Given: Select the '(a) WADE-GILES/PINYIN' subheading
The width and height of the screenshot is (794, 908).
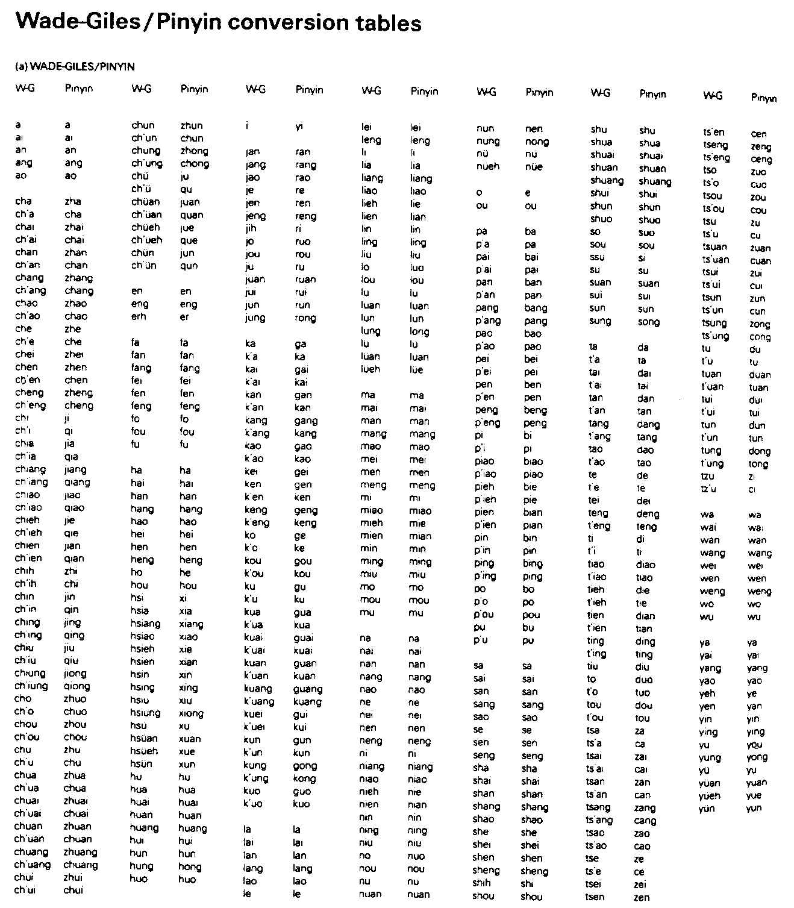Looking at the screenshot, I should [75, 66].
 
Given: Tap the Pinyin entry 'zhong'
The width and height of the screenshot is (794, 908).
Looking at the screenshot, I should [194, 151].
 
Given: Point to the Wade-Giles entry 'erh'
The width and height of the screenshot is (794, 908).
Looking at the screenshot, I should [139, 316].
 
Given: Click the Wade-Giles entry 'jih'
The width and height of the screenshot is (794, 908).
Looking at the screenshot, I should [251, 228].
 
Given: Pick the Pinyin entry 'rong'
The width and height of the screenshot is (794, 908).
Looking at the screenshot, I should [306, 318].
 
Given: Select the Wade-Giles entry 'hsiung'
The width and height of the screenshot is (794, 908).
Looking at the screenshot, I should [145, 713].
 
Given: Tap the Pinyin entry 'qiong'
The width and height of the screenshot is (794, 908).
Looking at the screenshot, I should [77, 686].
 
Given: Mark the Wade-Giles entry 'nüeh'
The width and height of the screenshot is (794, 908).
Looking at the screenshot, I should [488, 167].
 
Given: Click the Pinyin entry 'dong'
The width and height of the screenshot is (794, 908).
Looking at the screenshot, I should [759, 451].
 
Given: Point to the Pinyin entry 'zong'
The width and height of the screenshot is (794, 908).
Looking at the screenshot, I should [759, 324].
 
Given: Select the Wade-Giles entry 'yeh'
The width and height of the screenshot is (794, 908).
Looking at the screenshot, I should [707, 693].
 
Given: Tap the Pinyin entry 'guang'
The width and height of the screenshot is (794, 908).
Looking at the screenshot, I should [307, 689].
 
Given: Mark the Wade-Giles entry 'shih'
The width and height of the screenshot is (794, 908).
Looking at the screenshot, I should [482, 883].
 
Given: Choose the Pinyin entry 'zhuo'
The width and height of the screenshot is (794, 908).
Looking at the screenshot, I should [75, 699].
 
